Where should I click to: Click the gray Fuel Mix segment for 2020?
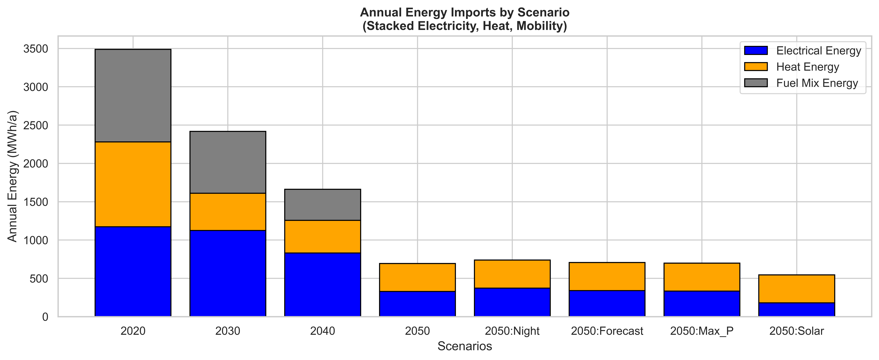point(133,96)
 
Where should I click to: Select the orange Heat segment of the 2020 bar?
point(133,184)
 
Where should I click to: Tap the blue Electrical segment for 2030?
point(228,273)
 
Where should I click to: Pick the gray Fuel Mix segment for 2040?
point(322,205)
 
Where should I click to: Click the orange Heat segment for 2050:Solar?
point(796,289)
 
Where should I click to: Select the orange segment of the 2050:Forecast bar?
point(607,276)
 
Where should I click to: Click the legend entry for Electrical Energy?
point(818,50)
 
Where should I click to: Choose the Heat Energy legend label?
point(807,67)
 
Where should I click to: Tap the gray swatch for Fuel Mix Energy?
point(756,83)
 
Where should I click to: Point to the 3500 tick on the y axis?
point(36,49)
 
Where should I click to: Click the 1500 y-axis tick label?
point(36,202)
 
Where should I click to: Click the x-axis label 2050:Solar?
point(796,331)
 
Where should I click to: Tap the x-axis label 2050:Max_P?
point(702,331)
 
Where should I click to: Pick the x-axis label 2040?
point(322,331)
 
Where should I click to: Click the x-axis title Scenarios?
point(465,346)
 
